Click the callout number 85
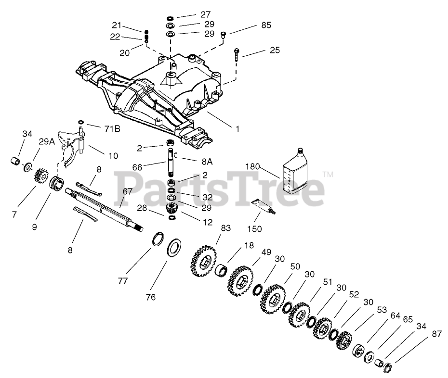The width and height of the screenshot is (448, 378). point(266,25)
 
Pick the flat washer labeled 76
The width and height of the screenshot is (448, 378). point(174,248)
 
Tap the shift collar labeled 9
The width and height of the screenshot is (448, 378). point(56,185)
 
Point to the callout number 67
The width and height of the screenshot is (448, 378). point(128,192)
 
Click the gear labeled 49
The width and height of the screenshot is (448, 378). point(240,281)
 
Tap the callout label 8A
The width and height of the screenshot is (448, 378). point(207,162)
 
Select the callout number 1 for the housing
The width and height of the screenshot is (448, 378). point(237,129)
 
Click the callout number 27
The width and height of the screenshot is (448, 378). point(205,14)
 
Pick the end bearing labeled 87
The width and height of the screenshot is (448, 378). point(387,366)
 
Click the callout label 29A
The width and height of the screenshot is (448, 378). point(47,142)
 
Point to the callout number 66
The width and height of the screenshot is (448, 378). point(137,167)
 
